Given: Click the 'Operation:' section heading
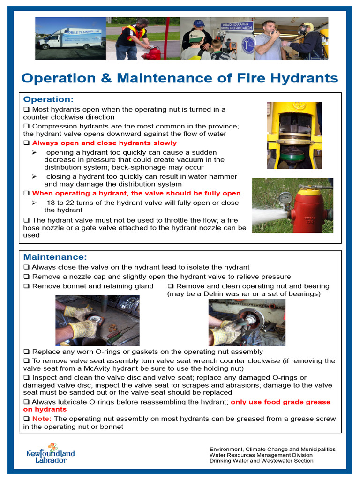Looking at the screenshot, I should [48, 99].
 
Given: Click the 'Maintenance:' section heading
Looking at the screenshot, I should [55, 257].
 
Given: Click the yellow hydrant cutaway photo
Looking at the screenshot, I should [294, 135].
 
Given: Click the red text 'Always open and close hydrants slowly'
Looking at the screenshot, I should [104, 143].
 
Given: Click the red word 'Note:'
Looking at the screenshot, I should [42, 419].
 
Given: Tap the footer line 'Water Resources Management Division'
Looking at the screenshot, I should [261, 455].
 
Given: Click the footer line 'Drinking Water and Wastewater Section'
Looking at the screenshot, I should [261, 461].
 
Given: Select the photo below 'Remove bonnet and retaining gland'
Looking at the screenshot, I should [97, 320].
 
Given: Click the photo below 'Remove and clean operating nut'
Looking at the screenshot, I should [247, 322].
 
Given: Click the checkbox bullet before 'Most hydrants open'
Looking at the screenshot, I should [26, 109].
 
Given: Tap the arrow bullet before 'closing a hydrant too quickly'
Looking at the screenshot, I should [34, 177].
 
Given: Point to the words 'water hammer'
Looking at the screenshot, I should [216, 177].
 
